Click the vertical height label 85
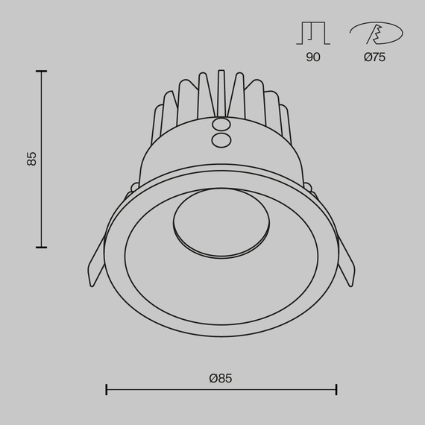(x=31, y=158)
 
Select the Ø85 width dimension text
(x=221, y=378)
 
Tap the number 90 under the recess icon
(x=313, y=57)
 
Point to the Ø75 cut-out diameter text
(x=375, y=57)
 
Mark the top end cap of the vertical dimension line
(x=41, y=71)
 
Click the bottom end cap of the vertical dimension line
(x=41, y=247)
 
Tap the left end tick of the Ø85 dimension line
(x=107, y=389)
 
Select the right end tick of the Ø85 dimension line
(x=336, y=389)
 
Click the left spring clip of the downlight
(x=96, y=265)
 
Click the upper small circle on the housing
(x=221, y=125)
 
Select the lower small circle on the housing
(x=221, y=139)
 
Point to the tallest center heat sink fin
(x=221, y=93)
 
